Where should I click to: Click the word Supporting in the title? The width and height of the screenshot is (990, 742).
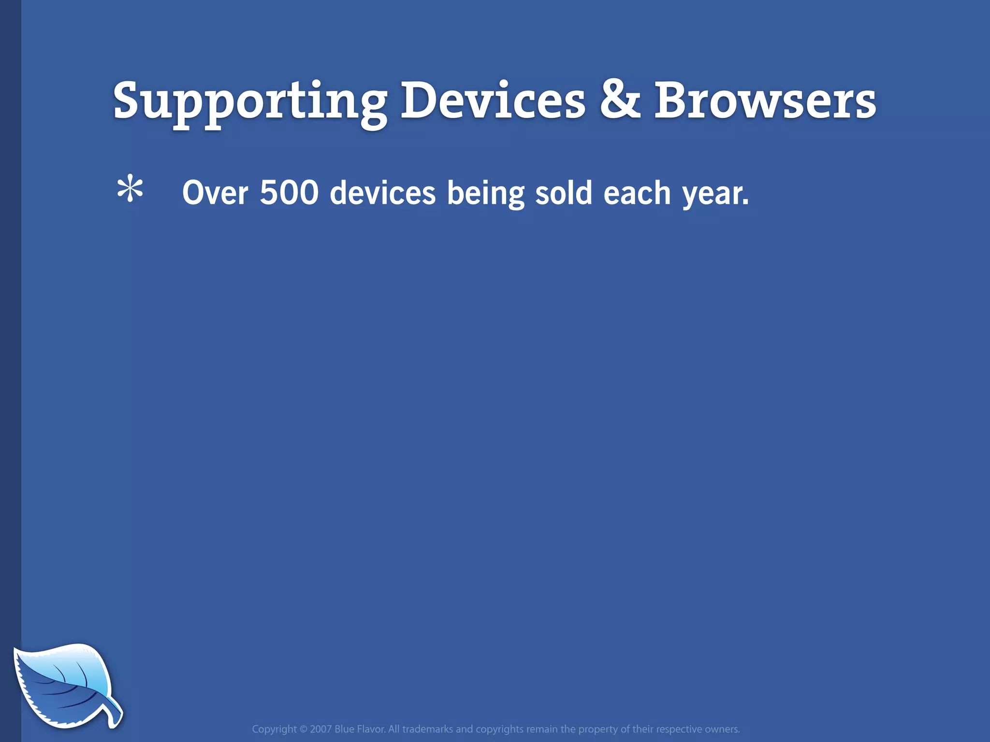point(250,101)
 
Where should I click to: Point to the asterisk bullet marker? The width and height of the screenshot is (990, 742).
point(130,190)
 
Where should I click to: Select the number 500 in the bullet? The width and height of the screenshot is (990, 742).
point(289,192)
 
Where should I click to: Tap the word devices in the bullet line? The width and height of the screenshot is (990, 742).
point(382,193)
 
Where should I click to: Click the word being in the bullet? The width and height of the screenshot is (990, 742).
point(485,194)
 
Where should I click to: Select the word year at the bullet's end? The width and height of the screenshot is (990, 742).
point(712,194)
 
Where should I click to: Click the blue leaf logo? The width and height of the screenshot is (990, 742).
point(60,684)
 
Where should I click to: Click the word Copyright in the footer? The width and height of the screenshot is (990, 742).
point(274,729)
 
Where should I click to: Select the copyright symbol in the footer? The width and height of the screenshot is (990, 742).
point(304,729)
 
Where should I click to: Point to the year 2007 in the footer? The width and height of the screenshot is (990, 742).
point(320,729)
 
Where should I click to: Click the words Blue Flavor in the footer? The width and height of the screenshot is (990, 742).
point(360,729)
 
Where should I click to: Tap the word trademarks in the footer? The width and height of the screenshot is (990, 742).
point(428,729)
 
